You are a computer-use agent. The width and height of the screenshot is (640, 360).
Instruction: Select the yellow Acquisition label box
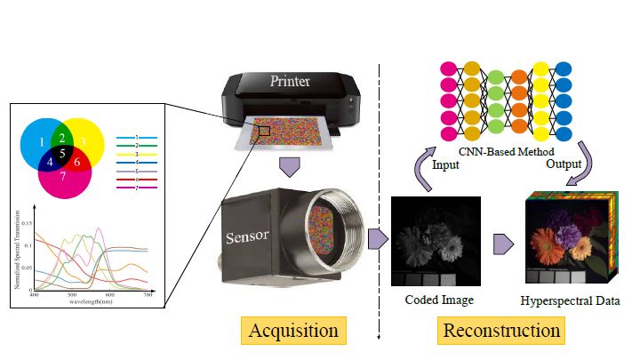point(293,331)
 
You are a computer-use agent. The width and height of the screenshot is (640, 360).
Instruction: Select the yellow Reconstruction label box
point(502,331)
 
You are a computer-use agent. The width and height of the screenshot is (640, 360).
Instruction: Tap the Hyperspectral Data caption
point(570,300)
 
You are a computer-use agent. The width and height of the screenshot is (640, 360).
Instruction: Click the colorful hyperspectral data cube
point(569,236)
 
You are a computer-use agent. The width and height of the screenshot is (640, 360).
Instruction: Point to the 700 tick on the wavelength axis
point(148,294)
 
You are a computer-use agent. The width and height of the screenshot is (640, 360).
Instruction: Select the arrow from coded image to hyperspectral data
point(503,242)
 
